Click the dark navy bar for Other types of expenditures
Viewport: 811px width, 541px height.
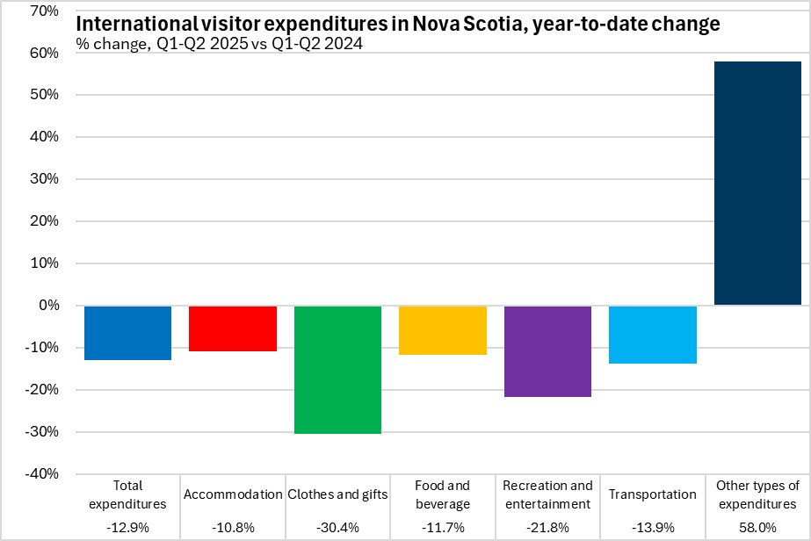click(757, 184)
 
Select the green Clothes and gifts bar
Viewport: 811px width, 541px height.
click(337, 370)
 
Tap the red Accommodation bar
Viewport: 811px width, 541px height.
click(233, 328)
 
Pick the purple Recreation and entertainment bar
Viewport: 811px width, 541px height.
click(547, 351)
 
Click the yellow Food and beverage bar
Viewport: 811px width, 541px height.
click(443, 330)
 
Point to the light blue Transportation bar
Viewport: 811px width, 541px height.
click(653, 335)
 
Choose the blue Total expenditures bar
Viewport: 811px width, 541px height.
click(127, 333)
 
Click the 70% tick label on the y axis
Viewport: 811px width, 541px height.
click(41, 11)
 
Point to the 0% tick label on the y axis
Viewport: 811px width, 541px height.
click(46, 306)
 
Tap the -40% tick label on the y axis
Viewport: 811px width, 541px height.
click(40, 474)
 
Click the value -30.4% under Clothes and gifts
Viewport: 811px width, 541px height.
click(337, 526)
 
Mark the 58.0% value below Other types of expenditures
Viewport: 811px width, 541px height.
click(757, 526)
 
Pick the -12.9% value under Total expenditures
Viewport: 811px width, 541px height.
click(127, 526)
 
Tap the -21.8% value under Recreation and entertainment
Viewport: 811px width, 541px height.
click(547, 526)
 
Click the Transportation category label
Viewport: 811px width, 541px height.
click(653, 494)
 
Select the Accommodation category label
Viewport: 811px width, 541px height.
click(233, 494)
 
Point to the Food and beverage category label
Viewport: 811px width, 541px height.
click(443, 494)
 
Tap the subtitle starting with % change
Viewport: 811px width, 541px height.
click(220, 44)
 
